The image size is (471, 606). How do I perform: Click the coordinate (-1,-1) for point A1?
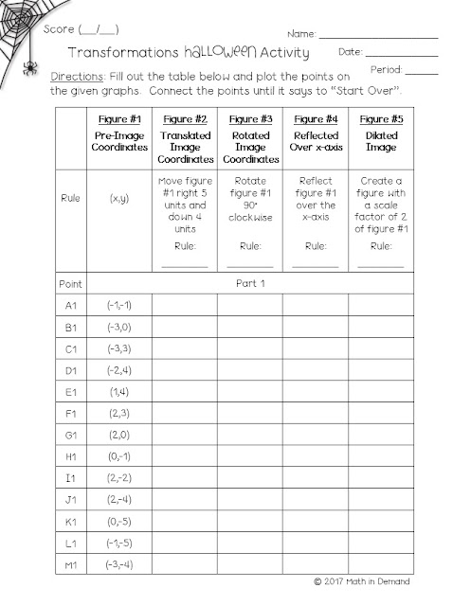[x=119, y=306]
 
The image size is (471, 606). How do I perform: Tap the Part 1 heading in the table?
[x=250, y=283]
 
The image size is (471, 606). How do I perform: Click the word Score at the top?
[x=60, y=29]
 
